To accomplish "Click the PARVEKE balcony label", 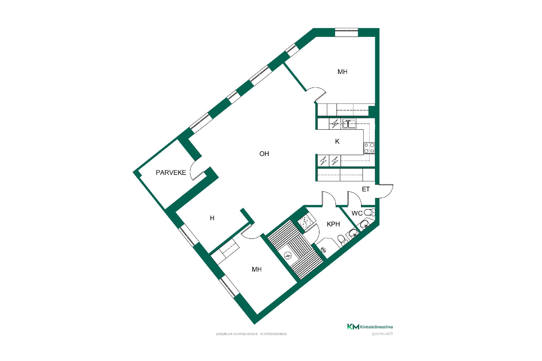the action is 171,173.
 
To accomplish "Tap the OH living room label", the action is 264,154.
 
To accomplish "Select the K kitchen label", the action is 337,142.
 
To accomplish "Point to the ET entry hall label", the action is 366,189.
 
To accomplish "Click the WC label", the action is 357,213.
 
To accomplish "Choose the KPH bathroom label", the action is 333,224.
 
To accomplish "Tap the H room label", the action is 212,218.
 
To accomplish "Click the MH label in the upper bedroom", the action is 342,72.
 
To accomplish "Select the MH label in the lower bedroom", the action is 257,270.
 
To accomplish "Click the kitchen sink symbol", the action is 349,124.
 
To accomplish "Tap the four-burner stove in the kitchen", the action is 369,148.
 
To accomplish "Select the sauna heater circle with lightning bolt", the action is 288,256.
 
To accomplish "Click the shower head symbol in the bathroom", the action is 324,249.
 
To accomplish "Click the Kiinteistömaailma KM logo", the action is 370,327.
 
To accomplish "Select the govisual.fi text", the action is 383,334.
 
